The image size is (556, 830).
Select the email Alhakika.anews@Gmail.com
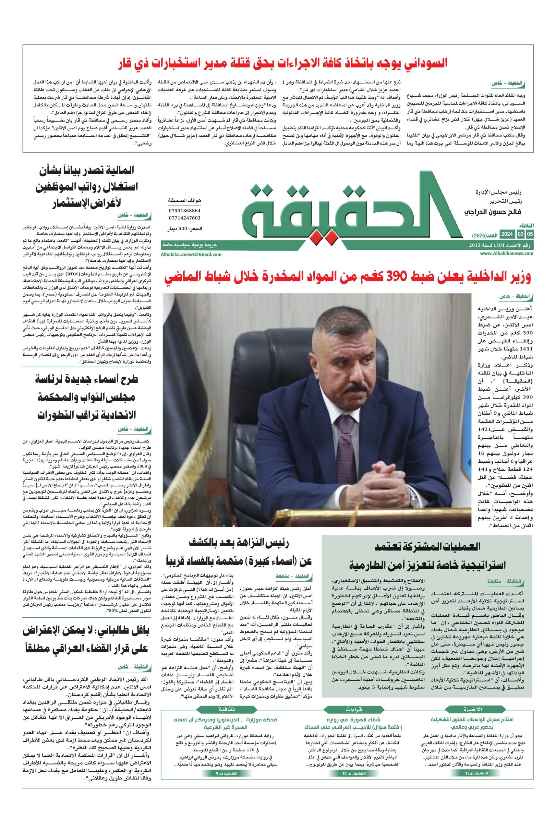pos(191,254)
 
